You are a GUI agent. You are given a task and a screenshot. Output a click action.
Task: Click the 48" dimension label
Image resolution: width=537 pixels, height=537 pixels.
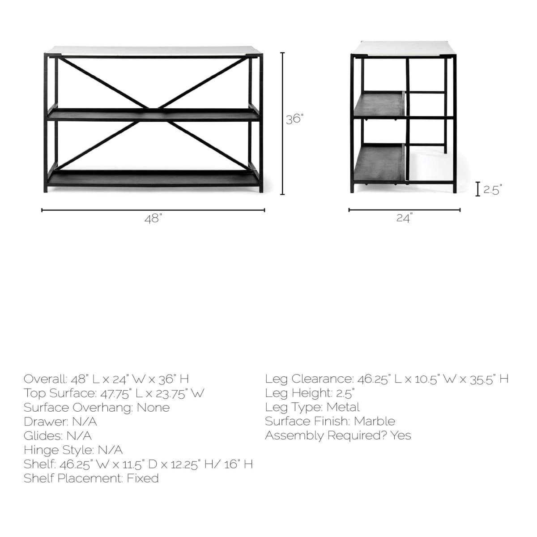click(153, 219)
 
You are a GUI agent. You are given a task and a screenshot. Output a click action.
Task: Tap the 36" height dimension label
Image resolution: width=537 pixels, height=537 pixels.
click(295, 119)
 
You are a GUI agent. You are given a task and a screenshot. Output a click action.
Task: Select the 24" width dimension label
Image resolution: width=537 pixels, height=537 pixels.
click(404, 218)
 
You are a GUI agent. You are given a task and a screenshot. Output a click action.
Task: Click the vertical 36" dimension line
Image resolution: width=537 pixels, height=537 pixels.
click(282, 124)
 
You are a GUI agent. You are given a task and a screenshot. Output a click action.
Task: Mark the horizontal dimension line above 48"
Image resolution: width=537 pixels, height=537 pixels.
click(153, 210)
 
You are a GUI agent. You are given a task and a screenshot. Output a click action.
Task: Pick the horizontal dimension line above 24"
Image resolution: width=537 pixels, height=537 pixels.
click(404, 209)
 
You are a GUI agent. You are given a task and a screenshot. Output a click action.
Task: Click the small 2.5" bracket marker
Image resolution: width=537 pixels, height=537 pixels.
click(478, 189)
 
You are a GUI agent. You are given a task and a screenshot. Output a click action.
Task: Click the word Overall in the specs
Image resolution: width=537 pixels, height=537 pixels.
click(45, 379)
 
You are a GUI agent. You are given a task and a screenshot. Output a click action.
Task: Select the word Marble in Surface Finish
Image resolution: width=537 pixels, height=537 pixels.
click(375, 421)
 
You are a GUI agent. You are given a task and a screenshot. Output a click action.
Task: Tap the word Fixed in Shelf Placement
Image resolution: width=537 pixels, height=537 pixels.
click(142, 478)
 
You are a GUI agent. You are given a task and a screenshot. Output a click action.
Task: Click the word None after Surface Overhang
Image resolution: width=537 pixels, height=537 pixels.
click(153, 408)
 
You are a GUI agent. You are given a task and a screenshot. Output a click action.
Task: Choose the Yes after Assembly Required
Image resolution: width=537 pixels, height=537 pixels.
click(401, 435)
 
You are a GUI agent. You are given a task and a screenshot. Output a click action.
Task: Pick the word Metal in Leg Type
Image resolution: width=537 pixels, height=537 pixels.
click(343, 407)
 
